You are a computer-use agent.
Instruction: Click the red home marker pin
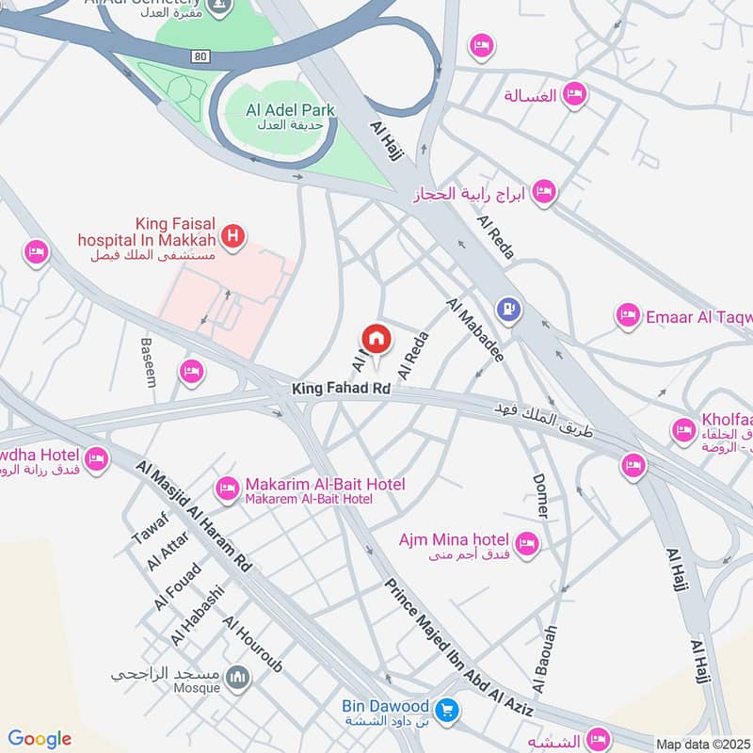pyautogui.click(x=376, y=339)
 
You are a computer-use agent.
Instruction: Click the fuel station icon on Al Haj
pyautogui.click(x=510, y=309)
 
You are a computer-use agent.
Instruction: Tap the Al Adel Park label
pyautogui.click(x=290, y=111)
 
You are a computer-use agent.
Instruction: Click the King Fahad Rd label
pyautogui.click(x=341, y=388)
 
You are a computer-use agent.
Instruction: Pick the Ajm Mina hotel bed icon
pyautogui.click(x=526, y=543)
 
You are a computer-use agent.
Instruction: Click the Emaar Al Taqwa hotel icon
pyautogui.click(x=627, y=316)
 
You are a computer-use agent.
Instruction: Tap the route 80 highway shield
pyautogui.click(x=199, y=56)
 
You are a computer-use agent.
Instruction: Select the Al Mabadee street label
pyautogui.click(x=475, y=330)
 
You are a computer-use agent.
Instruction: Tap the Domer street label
pyautogui.click(x=539, y=495)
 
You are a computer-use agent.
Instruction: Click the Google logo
pyautogui.click(x=39, y=739)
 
